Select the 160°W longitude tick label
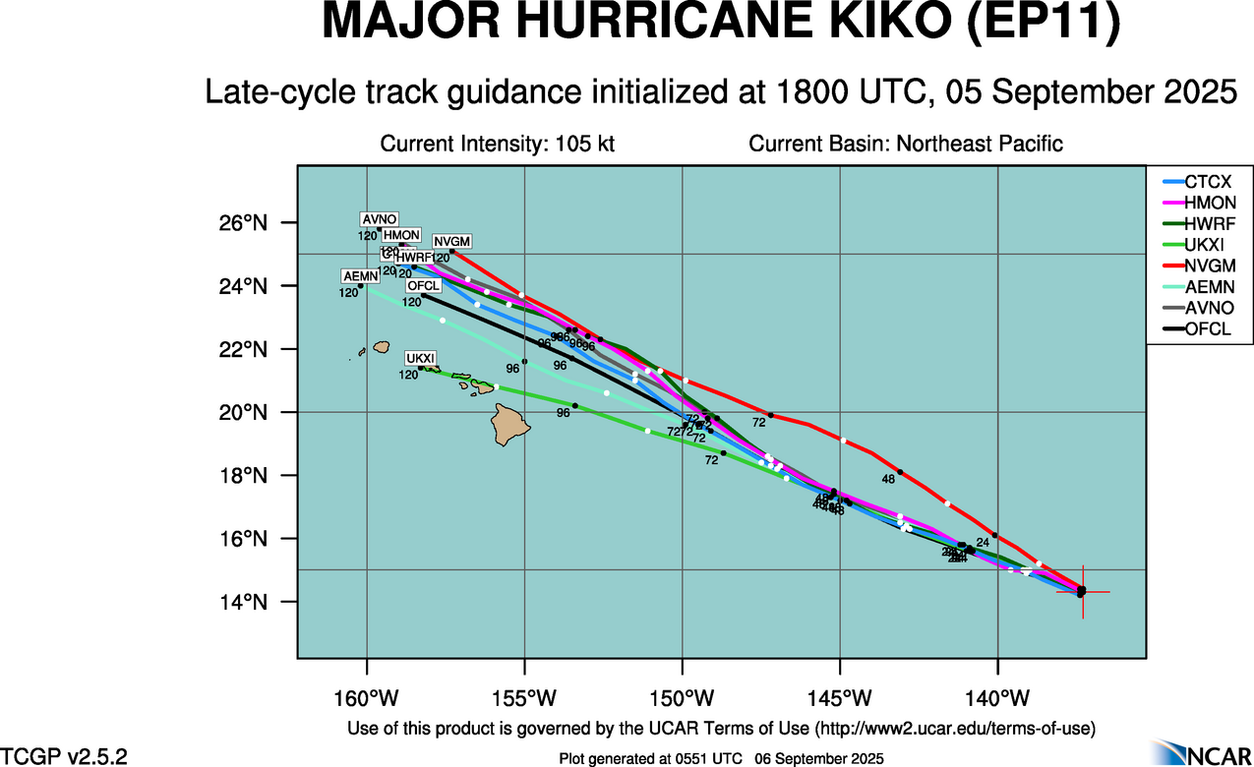[x=367, y=698]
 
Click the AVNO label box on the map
[x=379, y=219]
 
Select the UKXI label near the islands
[x=420, y=358]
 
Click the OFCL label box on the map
[x=424, y=286]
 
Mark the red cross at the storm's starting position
[x=1082, y=591]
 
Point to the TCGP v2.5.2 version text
[x=64, y=757]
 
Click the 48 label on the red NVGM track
[x=888, y=480]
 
